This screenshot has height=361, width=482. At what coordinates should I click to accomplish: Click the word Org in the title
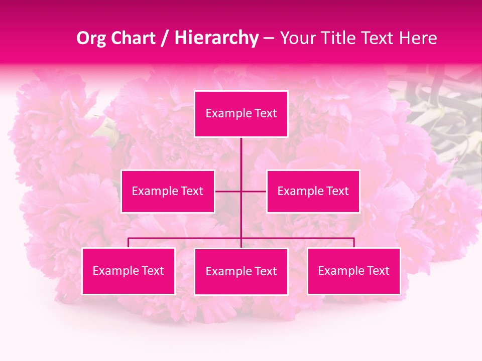click(x=91, y=38)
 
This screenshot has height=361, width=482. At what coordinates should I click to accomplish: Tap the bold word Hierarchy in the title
click(x=216, y=38)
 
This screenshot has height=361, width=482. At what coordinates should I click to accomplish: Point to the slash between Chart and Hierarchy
click(x=164, y=38)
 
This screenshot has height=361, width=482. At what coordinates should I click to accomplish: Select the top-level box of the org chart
click(x=241, y=114)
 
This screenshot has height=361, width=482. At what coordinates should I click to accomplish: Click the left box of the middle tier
click(x=168, y=191)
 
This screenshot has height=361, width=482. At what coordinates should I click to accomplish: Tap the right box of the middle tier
click(x=313, y=191)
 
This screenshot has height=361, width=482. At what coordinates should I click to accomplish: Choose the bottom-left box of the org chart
click(x=129, y=271)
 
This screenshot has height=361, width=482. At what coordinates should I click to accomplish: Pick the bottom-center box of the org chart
click(x=241, y=271)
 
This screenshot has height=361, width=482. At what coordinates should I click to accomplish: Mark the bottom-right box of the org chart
click(x=354, y=271)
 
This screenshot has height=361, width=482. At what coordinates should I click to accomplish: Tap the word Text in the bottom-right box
click(x=378, y=271)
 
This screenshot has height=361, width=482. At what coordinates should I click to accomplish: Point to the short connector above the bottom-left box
click(x=129, y=243)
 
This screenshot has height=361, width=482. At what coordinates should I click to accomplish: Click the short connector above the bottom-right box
click(x=354, y=243)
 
